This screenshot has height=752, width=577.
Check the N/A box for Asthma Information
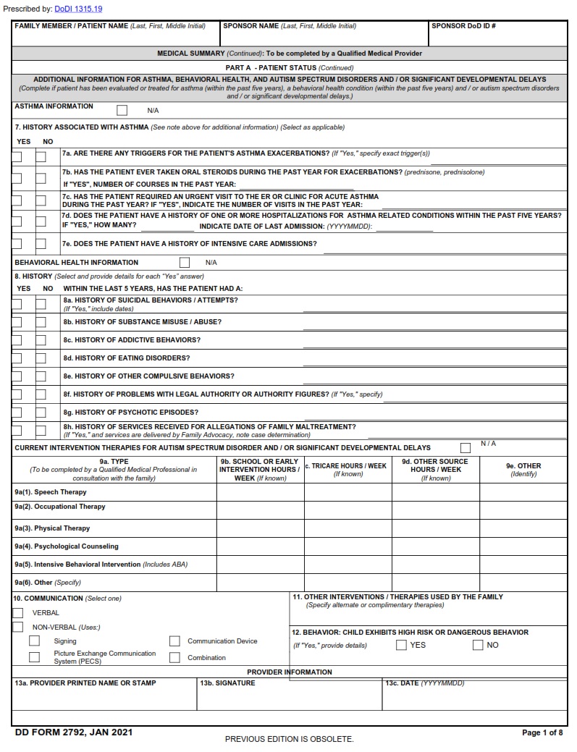point(122,111)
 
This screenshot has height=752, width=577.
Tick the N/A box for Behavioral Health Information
point(185,262)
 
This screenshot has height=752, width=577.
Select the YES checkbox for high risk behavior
point(401,645)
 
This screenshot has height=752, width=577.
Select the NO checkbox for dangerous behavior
point(478,645)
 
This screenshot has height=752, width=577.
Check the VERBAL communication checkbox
point(18,613)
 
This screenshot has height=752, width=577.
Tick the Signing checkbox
point(34,641)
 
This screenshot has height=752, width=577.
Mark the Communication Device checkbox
point(174,641)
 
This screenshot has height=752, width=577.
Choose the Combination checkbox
point(174,658)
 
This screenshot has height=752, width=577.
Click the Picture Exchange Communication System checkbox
point(34,657)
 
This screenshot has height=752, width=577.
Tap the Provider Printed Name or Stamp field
point(104,698)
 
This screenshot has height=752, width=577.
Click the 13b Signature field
point(289,698)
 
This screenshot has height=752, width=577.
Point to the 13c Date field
point(475,698)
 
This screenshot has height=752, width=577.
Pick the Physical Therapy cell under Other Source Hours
point(435,528)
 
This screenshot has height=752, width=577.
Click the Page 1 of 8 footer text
point(542,733)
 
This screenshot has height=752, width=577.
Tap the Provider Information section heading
point(290,672)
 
